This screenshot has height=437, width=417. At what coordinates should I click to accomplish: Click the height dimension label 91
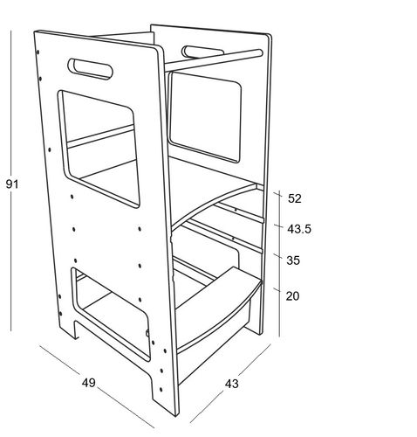point(12,184)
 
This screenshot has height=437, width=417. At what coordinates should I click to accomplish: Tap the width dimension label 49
point(88,383)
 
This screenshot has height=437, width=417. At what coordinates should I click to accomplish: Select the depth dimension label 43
point(231,384)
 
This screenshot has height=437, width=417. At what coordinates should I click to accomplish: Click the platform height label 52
point(295,198)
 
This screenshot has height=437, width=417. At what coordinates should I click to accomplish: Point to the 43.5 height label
point(299,229)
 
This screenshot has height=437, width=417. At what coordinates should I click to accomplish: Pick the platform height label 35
point(293,260)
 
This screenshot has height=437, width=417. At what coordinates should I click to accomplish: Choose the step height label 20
point(292,296)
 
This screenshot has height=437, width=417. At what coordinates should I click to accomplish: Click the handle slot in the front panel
point(91,69)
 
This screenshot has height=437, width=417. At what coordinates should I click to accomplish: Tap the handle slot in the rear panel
point(202,52)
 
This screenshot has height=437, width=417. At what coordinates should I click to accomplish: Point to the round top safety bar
point(214,60)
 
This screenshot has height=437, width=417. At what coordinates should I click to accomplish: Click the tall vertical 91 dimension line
point(11,181)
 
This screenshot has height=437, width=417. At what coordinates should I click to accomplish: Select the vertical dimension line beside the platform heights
point(279,264)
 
